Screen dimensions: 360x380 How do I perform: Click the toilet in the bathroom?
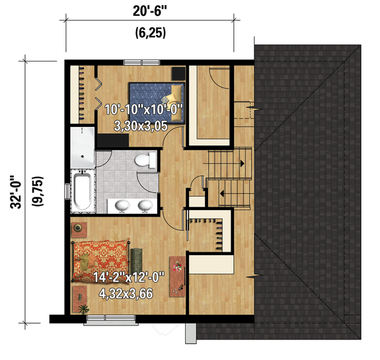(x=148, y=160)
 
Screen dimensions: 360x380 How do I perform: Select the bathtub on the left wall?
(x=83, y=188)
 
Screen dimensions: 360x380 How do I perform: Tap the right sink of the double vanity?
(x=143, y=206)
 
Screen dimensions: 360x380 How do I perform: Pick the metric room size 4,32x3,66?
(x=126, y=294)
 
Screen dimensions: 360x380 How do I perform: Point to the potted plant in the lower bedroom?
(x=81, y=308)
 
